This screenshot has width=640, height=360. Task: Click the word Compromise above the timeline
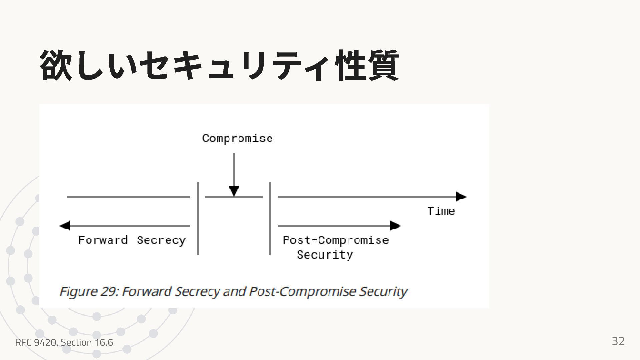237,138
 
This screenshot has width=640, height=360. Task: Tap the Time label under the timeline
441,211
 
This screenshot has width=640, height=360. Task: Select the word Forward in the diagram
103,240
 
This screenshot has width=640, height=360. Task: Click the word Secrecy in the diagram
161,240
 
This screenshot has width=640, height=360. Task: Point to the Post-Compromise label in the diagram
336,240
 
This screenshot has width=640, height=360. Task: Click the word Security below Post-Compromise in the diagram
325,255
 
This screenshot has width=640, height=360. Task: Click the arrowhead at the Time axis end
461,197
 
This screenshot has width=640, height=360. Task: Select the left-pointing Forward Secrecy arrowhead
65,226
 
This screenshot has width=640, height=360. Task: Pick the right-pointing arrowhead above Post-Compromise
395,226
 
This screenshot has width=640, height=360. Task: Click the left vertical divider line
198,218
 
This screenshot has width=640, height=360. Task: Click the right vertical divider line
270,218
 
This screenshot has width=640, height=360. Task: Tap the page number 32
618,341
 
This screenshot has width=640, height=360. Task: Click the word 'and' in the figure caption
234,291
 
